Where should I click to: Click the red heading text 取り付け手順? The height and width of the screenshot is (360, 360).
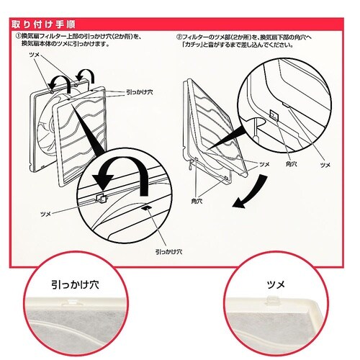tap(43, 24)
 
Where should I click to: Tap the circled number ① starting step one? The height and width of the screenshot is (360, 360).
tap(19, 37)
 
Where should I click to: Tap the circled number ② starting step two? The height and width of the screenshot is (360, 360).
tap(179, 37)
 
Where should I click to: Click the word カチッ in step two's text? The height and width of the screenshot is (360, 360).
tap(191, 45)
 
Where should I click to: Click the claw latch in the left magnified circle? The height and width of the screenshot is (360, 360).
tap(102, 198)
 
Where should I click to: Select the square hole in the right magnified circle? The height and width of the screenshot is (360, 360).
tap(274, 114)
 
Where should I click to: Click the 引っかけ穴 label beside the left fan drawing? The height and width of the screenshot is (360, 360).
tap(139, 92)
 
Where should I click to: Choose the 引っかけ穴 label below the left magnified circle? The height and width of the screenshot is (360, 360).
tap(168, 252)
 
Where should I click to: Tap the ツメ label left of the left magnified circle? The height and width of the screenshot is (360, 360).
tap(45, 214)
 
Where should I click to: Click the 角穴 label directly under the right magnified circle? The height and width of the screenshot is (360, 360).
tap(291, 164)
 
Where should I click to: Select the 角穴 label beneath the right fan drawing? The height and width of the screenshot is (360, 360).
tap(197, 201)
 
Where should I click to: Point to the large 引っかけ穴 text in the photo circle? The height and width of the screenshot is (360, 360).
tap(75, 285)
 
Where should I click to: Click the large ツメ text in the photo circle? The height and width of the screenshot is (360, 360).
tap(276, 285)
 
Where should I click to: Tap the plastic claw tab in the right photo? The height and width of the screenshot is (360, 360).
tap(271, 300)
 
